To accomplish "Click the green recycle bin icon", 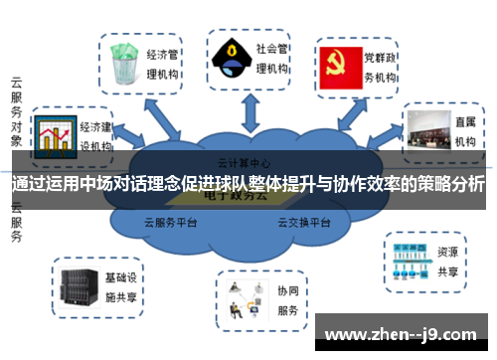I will tap(123, 63).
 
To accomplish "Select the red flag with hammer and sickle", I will tap(339, 64).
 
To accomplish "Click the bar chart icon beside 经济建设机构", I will tap(54, 135).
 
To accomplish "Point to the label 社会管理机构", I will tap(271, 58).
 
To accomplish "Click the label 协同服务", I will tap(288, 300).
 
